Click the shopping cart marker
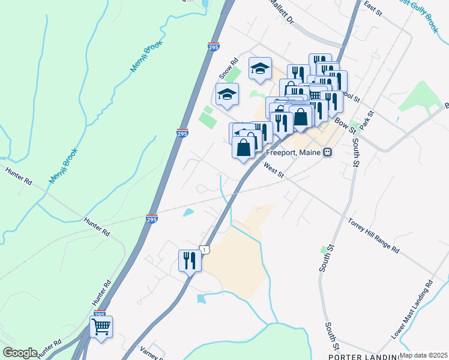(x=101, y=328)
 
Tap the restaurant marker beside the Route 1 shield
(x=190, y=260)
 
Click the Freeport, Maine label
(x=293, y=152)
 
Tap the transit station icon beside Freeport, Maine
(x=328, y=152)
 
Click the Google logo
(x=20, y=353)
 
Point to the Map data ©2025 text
(x=424, y=355)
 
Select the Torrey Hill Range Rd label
(x=373, y=236)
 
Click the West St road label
(x=273, y=172)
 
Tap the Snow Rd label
(x=229, y=68)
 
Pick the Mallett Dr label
(x=282, y=12)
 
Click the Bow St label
(x=345, y=126)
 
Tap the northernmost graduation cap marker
(x=261, y=69)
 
